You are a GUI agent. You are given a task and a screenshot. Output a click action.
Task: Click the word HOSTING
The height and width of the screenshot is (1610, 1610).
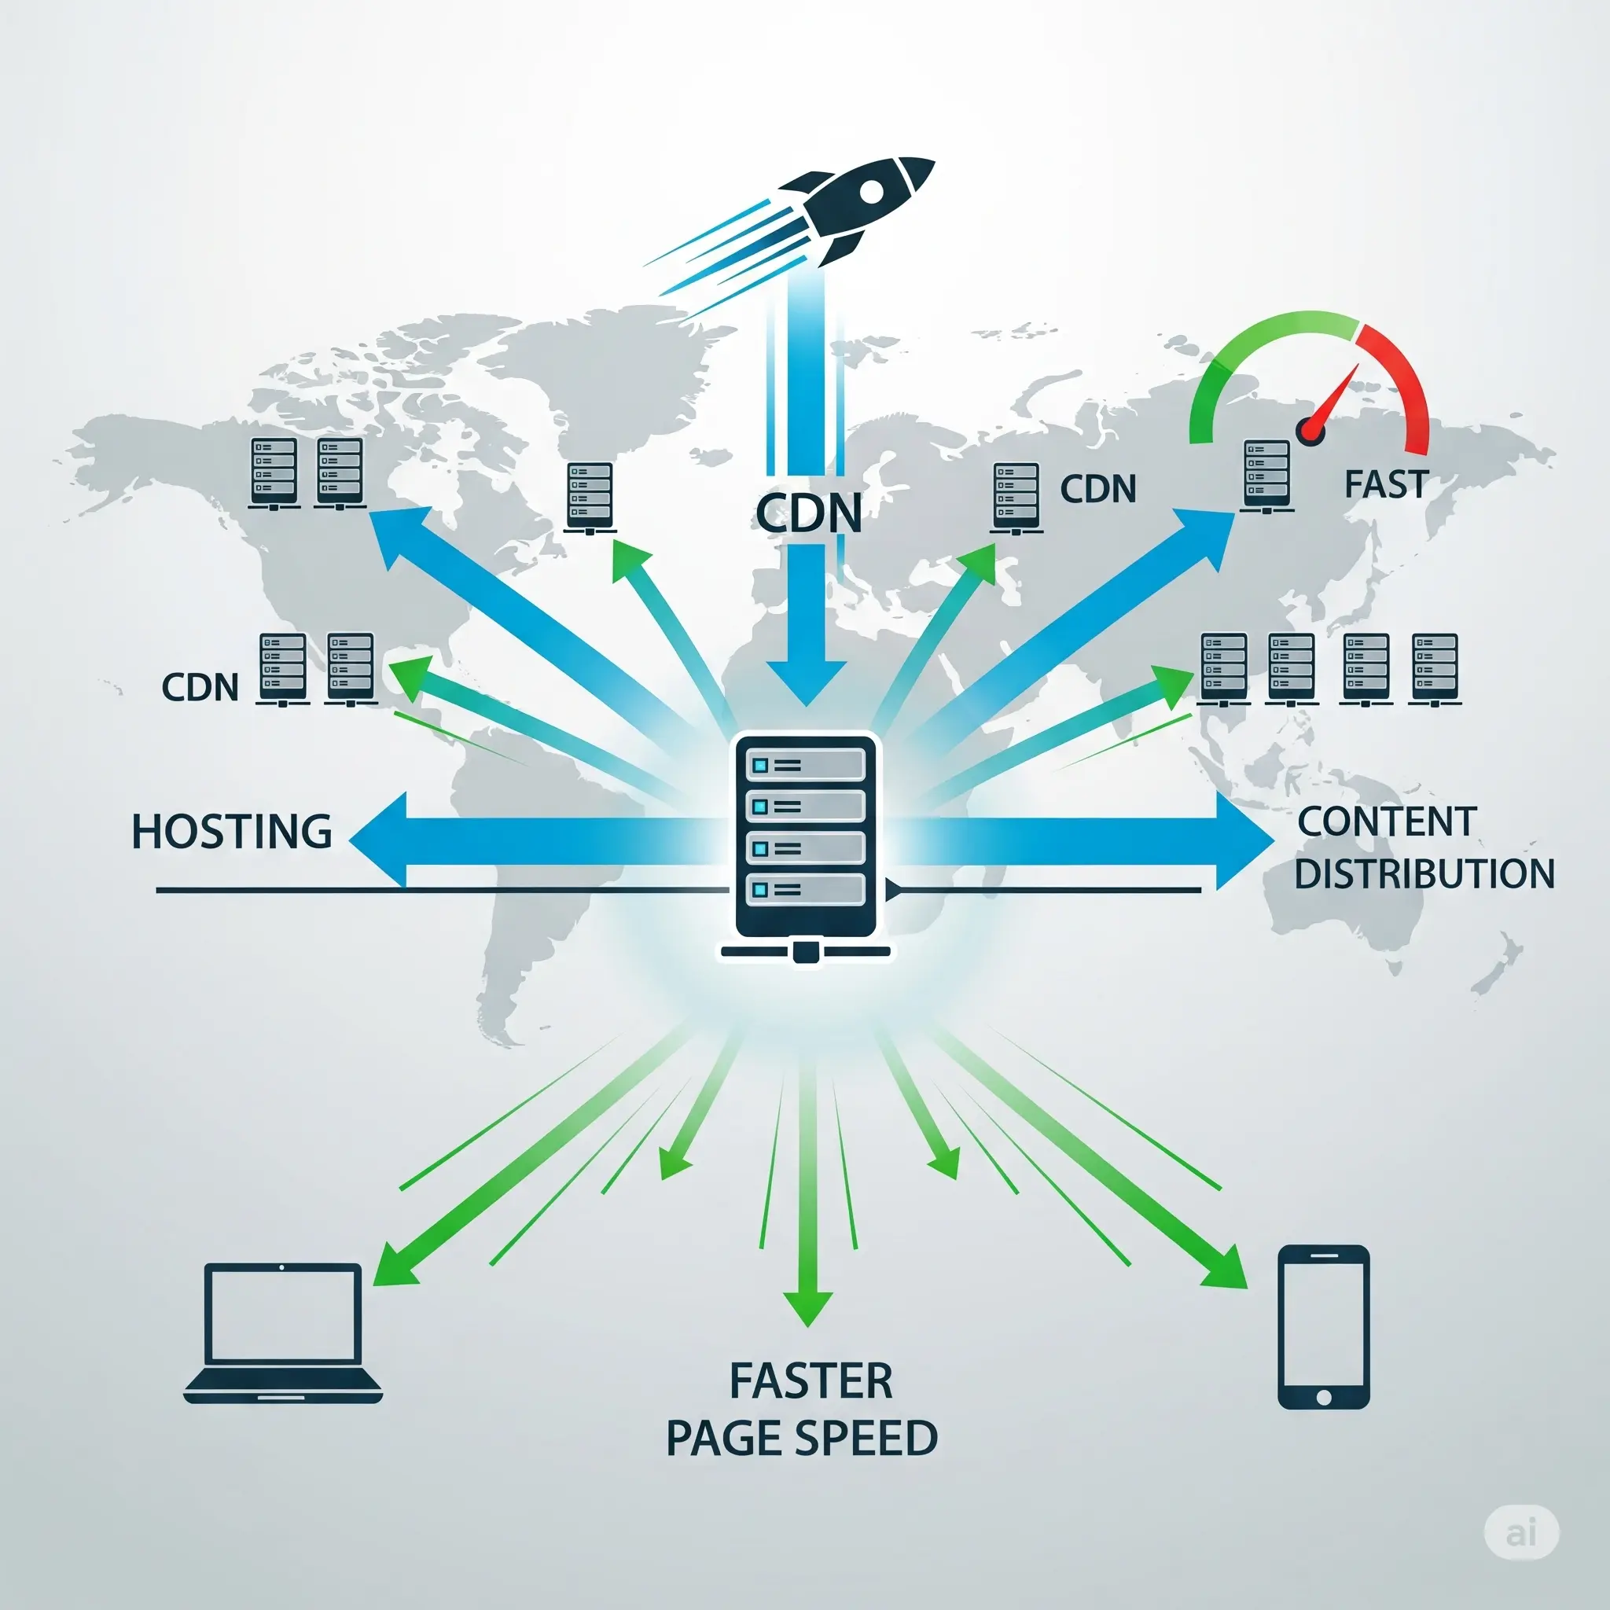coord(232,832)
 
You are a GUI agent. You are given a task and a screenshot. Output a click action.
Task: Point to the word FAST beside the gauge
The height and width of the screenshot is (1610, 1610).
coord(1387,484)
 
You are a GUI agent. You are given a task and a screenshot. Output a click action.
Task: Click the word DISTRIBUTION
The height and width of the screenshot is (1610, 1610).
coord(1424,873)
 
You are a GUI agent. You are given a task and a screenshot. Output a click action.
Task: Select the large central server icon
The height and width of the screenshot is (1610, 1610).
coord(806,842)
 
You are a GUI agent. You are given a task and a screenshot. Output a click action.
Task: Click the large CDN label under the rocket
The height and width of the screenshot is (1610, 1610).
coord(808,513)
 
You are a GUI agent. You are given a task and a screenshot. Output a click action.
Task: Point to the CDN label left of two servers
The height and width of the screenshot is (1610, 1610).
coord(200,688)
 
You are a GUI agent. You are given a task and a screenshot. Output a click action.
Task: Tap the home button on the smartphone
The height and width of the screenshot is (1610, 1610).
coord(1323,1397)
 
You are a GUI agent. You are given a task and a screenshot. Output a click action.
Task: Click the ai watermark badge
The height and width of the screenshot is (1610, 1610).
coord(1521,1531)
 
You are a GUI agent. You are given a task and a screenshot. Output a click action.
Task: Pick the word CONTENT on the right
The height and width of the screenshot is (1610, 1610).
coord(1387,822)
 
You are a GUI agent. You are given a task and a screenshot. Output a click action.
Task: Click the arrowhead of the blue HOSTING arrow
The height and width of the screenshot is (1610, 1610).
coord(379,839)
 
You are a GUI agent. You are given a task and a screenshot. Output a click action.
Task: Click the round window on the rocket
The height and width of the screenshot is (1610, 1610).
coord(871,193)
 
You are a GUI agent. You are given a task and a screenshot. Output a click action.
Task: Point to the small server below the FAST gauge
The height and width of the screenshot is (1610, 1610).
coord(1266,475)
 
